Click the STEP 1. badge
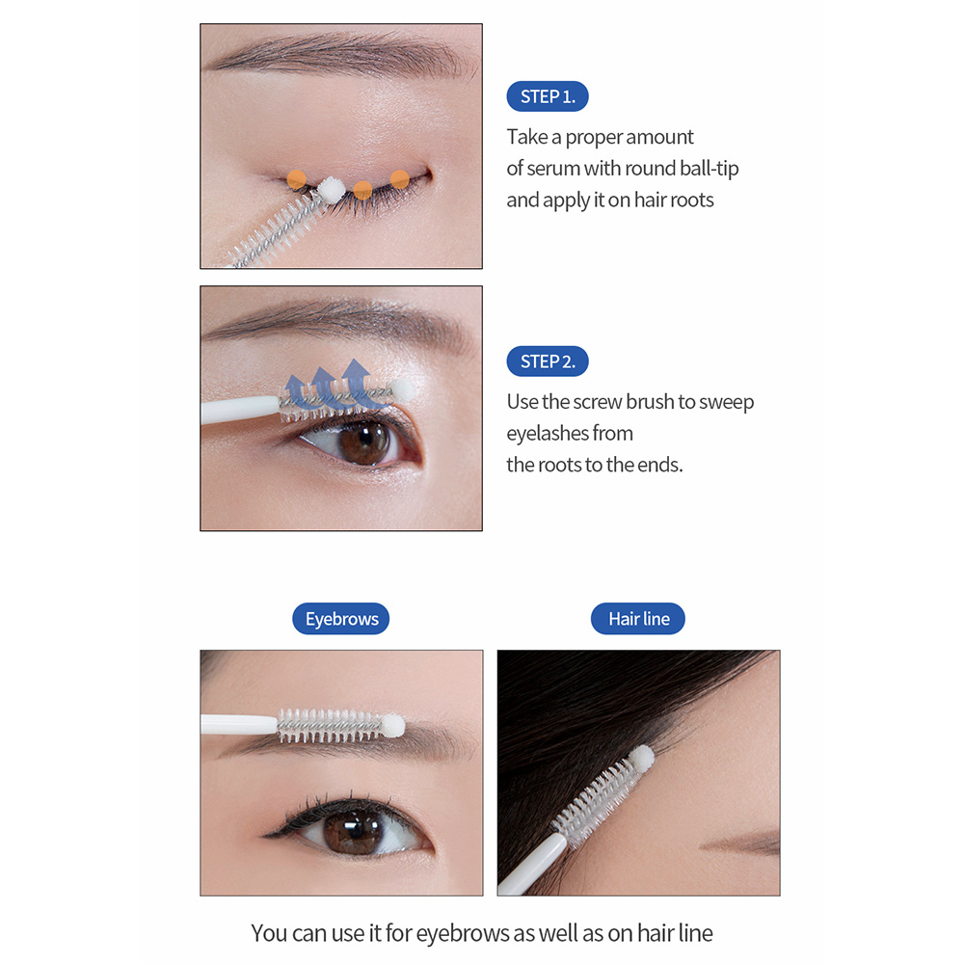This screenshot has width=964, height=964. tap(548, 96)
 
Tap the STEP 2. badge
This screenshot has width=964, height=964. tap(548, 361)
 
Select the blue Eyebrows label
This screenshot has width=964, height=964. tap(341, 619)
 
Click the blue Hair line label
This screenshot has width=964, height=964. tap(638, 619)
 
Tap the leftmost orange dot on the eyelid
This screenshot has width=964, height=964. tap(296, 179)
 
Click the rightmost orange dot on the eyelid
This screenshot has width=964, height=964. tap(400, 179)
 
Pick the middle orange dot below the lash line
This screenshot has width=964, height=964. tap(362, 190)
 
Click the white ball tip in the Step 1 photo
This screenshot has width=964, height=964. tap(331, 189)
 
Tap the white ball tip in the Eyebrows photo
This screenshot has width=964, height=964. tap(392, 726)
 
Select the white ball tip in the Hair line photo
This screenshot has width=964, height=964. tap(641, 757)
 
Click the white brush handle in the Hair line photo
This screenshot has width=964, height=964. tap(532, 864)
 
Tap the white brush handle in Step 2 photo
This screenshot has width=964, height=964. tap(240, 410)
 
